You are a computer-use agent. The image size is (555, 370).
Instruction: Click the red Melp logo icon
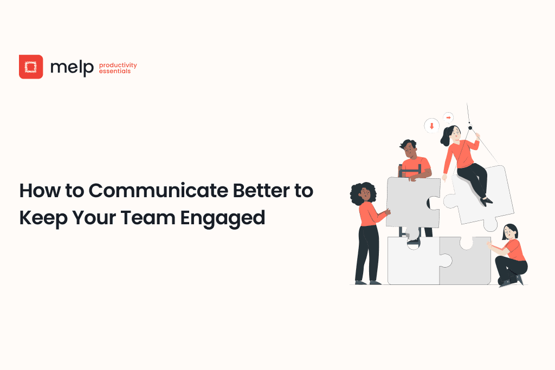tap(31, 67)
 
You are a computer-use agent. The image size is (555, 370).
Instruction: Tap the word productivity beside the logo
tap(118, 65)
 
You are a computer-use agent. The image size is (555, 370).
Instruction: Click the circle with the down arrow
tap(431, 126)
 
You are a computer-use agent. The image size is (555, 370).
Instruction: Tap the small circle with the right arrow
tap(448, 116)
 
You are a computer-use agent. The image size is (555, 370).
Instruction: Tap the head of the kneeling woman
tap(510, 231)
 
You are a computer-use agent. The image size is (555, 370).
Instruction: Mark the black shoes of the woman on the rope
tap(487, 201)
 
